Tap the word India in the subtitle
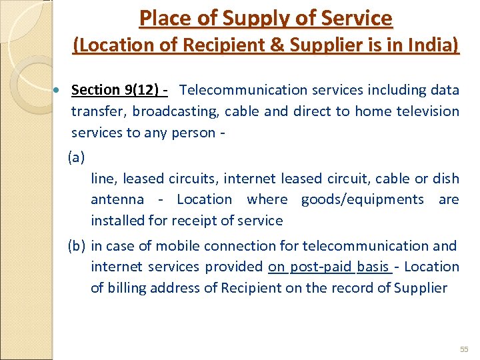point(437,45)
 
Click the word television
point(427,111)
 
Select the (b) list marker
point(77,245)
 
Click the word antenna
point(117,199)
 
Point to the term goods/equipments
point(362,199)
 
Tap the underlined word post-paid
point(320,267)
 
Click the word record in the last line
point(360,288)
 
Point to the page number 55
point(464,349)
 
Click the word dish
point(446,178)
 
